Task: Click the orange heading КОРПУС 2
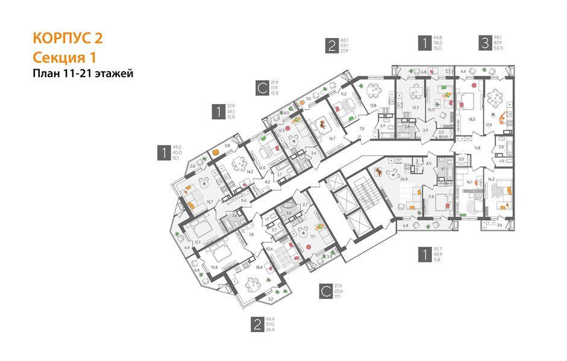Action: [x=67, y=39]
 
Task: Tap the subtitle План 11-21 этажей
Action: [x=82, y=74]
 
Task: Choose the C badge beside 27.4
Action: [x=325, y=292]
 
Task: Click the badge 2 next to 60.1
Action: [x=331, y=46]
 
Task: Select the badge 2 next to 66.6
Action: [x=257, y=325]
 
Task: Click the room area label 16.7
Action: [x=331, y=137]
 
